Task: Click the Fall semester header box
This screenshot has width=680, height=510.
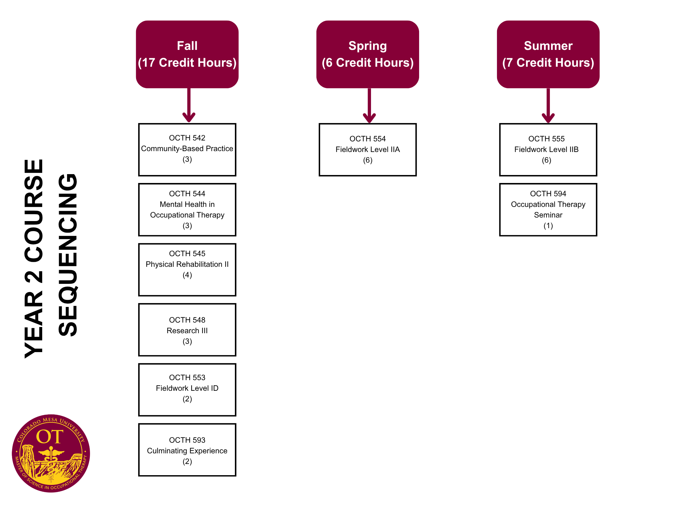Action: pos(187,54)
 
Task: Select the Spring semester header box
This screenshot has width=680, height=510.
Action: pos(368,54)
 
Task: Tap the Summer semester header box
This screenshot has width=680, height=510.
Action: pos(548,54)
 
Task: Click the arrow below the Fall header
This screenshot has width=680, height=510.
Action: pos(189,105)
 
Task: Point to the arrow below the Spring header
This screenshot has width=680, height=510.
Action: pos(369,105)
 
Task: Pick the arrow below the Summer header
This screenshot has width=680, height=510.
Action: pos(548,105)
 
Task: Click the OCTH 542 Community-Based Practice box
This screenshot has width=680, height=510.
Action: pos(187,150)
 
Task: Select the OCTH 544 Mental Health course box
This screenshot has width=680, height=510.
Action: pos(187,210)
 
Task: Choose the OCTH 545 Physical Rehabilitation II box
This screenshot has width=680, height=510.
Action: pos(187,269)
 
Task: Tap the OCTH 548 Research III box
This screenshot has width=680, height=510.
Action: pos(187,330)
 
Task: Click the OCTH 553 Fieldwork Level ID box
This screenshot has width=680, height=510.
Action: pos(187,390)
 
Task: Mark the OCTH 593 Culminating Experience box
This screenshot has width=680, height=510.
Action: pos(187,450)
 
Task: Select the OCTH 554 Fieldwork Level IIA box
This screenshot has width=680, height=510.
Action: pos(368,150)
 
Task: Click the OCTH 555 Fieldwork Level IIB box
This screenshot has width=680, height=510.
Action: pos(548,150)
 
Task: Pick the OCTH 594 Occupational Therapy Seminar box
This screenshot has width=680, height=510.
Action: pos(548,210)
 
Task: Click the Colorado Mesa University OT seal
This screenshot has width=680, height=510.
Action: pos(51,453)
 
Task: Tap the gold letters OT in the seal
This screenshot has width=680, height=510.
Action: pos(50,437)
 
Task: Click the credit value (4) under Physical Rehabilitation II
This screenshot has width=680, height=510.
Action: pos(187,275)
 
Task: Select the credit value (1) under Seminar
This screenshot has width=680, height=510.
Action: pos(548,226)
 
